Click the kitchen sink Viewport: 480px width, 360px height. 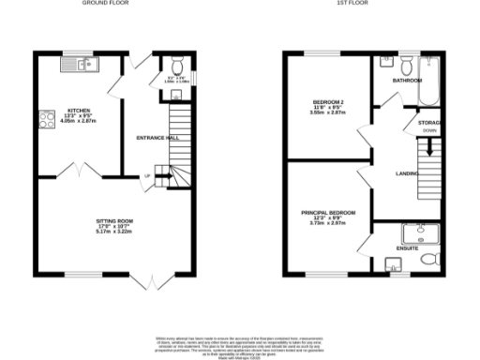78,64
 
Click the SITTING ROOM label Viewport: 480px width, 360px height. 114,222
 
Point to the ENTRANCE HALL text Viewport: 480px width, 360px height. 157,138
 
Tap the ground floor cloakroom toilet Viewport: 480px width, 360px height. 176,66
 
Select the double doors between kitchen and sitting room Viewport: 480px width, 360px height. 77,170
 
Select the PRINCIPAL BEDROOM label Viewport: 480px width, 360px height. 328,213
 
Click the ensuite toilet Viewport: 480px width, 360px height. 429,258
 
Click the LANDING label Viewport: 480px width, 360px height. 407,173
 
